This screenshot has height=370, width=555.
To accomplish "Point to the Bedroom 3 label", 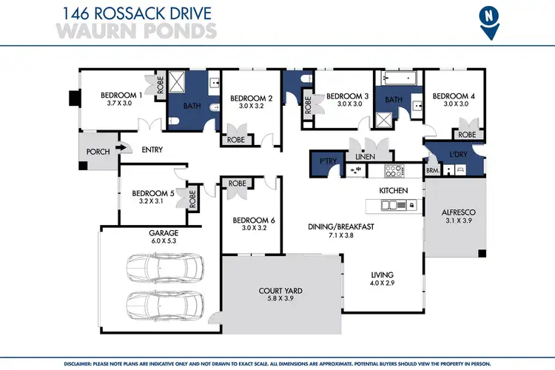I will pyautogui.click(x=347, y=96).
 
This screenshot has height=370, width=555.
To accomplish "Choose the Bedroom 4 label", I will pyautogui.click(x=454, y=96).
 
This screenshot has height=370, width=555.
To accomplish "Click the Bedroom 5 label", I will pyautogui.click(x=151, y=193).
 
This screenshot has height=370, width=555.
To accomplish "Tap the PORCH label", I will pyautogui.click(x=98, y=152).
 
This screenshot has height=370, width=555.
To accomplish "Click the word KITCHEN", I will pyautogui.click(x=394, y=191).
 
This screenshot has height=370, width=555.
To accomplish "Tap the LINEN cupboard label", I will pyautogui.click(x=365, y=157).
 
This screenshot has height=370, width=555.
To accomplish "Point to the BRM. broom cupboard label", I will pyautogui.click(x=432, y=169).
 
